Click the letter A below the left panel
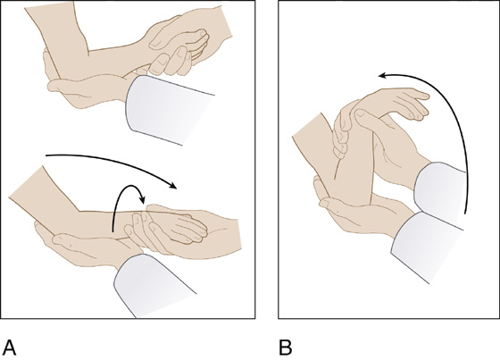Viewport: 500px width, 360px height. click(10, 347)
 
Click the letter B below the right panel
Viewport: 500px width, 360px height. click(286, 347)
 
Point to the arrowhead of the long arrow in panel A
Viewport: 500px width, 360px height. click(173, 186)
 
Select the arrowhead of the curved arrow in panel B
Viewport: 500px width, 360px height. click(383, 76)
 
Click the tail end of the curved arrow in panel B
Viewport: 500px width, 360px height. click(466, 213)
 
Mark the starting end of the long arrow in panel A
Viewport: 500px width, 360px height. click(46, 155)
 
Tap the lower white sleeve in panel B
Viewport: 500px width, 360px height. click(429, 246)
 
